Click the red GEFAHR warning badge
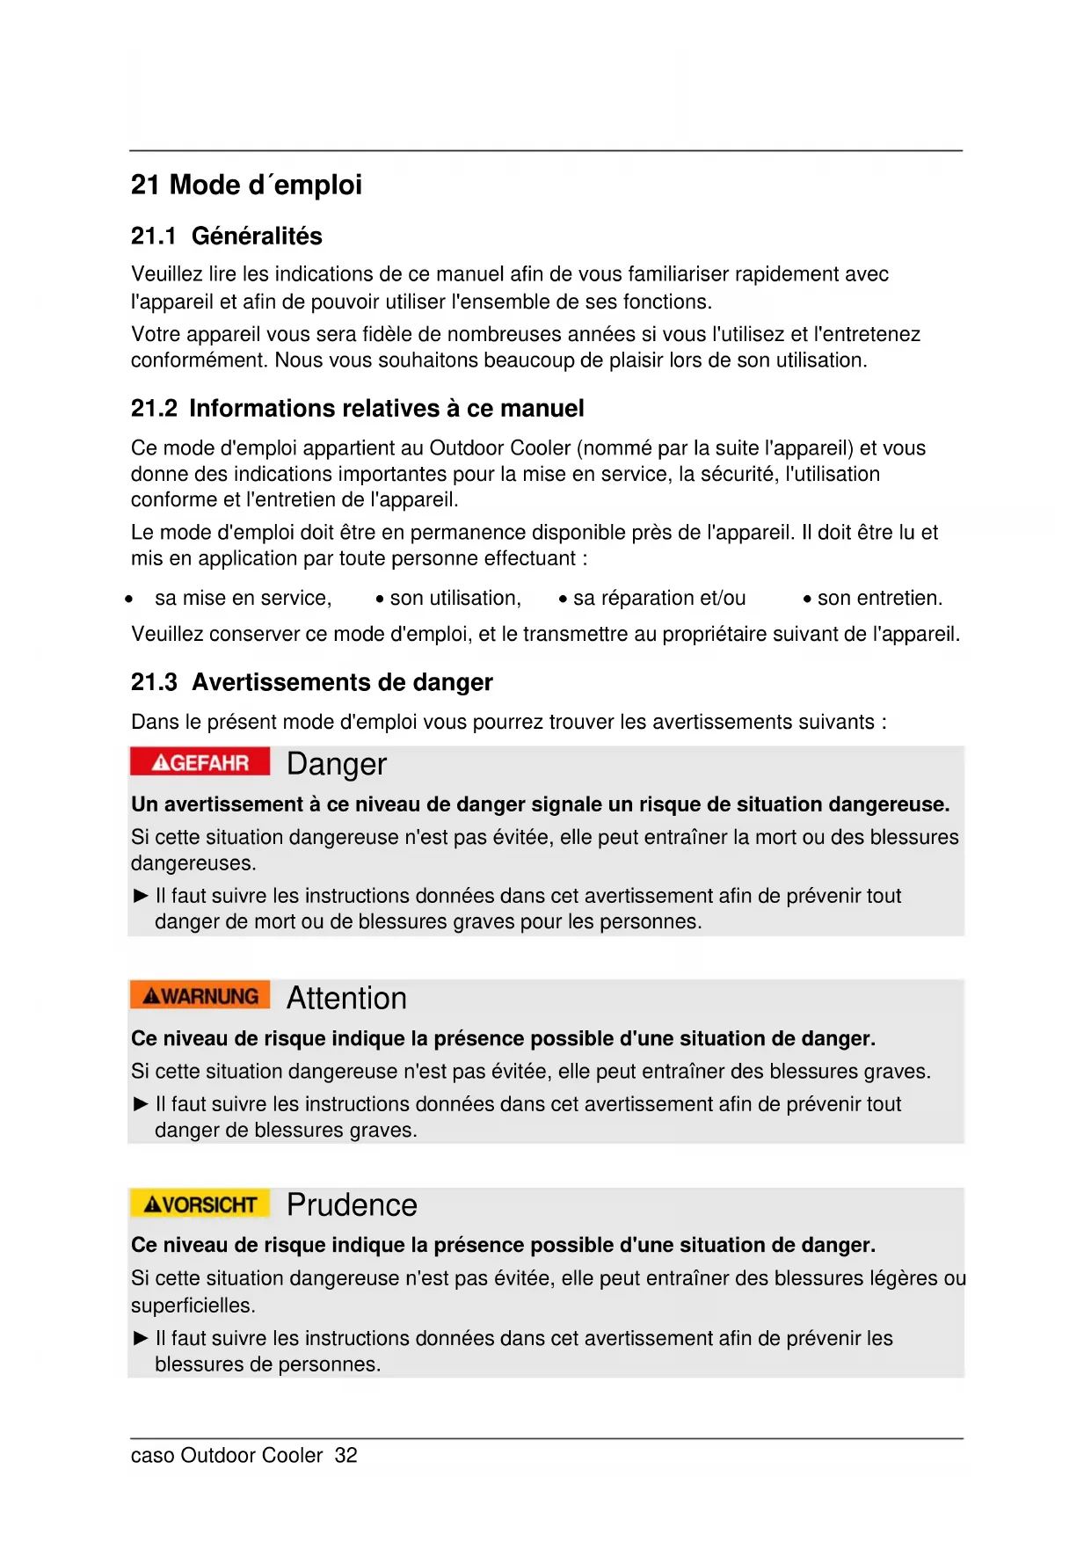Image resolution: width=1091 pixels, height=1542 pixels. (x=200, y=761)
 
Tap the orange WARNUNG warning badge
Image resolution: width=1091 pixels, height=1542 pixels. (x=200, y=995)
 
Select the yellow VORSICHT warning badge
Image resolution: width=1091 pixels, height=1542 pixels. (x=200, y=1204)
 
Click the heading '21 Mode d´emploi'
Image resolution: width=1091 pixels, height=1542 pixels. (x=246, y=185)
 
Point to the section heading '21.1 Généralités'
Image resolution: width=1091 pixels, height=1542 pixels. (x=226, y=236)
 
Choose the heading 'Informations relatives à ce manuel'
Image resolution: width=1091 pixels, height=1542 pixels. (x=386, y=408)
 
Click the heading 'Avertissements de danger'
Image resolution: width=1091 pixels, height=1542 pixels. (x=342, y=682)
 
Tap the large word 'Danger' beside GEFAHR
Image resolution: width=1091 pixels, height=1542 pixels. (x=336, y=764)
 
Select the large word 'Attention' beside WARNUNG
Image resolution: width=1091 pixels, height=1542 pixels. (x=346, y=998)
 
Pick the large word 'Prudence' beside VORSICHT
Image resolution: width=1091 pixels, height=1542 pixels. (x=352, y=1204)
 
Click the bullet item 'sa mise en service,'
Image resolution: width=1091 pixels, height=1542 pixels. (x=243, y=599)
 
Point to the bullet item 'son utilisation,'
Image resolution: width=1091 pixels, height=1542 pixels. (x=455, y=599)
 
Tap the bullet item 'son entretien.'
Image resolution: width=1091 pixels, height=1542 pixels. (x=879, y=599)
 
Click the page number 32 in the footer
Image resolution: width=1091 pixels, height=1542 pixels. (x=345, y=1456)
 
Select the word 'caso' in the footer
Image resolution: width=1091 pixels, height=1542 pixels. (x=152, y=1456)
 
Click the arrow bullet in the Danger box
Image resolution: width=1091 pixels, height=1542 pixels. (x=140, y=896)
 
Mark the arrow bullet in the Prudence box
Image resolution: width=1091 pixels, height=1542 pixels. (x=140, y=1338)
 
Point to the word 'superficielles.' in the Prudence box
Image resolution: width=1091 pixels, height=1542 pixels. (x=193, y=1306)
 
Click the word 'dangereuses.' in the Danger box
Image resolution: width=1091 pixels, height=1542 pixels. (x=193, y=863)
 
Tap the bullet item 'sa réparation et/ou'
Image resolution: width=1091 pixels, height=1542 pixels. (x=658, y=599)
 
